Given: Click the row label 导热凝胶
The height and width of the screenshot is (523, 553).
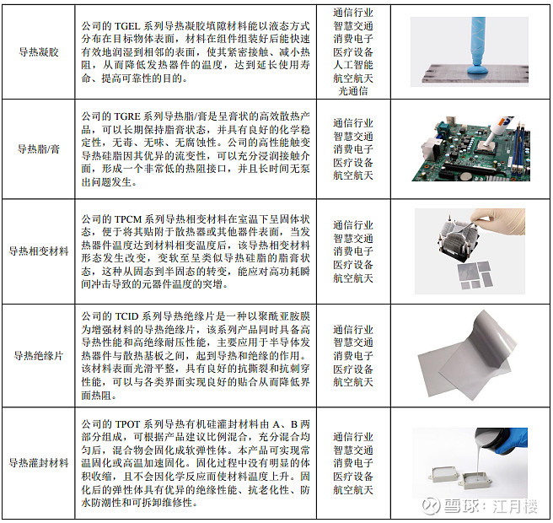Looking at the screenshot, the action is pos(39,52).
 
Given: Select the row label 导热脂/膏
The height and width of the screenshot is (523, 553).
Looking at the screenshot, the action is pos(39,149).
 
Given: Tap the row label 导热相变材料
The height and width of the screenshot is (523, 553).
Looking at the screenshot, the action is pos(39,251).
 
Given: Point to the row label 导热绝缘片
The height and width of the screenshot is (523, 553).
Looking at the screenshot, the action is pos(39,355).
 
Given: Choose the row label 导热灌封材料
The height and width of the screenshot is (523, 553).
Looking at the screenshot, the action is pos(39,462).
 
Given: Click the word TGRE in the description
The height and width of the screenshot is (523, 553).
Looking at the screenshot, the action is pos(127,116).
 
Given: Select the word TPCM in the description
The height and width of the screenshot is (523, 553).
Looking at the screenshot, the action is pos(127,219).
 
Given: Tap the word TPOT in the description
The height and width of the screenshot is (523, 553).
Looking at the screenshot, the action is pos(127,423).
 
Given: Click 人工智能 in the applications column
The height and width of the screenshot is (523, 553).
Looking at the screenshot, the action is pos(353,65).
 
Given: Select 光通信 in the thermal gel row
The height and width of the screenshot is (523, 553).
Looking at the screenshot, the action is pos(353,91).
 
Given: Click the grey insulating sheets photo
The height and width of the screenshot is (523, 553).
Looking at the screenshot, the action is pos(465,357).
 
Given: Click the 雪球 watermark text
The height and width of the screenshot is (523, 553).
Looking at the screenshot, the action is pos(460,505).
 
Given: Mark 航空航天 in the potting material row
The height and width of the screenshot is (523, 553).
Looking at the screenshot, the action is pos(353,489).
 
